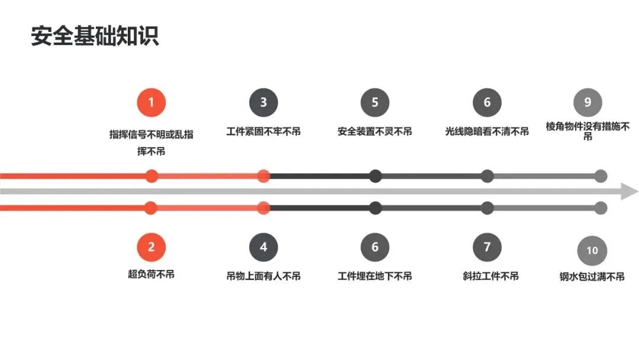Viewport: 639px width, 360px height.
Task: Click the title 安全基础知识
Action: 95,36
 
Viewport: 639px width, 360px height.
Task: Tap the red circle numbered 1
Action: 151,102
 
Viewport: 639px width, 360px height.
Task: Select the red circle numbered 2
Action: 151,247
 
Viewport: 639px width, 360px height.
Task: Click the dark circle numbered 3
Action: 263,102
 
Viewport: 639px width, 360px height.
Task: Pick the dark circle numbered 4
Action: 263,247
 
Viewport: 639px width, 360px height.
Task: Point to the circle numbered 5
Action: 375,102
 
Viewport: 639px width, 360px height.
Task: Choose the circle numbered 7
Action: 487,247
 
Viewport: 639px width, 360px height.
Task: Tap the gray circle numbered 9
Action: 588,102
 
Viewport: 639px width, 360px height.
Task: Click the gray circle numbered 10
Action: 592,250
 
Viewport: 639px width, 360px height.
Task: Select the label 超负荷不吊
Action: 151,274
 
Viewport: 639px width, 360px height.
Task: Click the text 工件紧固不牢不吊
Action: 263,131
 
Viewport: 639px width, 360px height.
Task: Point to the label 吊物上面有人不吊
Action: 263,276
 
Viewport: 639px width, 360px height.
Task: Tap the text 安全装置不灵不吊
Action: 375,131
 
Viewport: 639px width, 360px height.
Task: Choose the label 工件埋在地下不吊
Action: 375,276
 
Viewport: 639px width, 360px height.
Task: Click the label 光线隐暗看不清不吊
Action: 487,131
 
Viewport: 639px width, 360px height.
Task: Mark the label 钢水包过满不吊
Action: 592,276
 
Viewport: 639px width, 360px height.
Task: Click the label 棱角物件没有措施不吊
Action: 588,131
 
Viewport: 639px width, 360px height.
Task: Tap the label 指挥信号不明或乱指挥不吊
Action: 151,142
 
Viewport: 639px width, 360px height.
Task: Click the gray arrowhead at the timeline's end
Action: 630,192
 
